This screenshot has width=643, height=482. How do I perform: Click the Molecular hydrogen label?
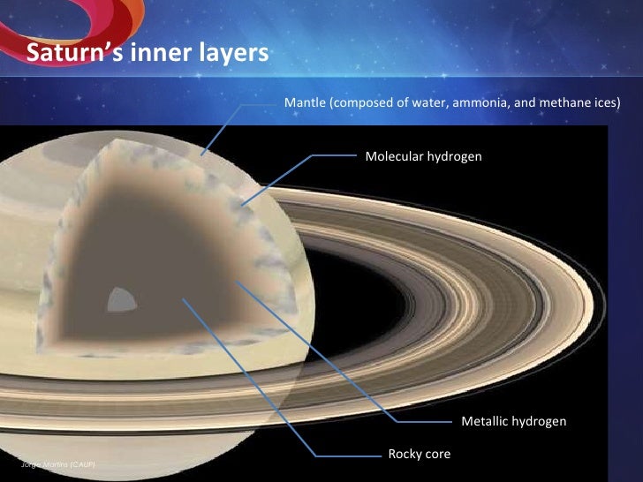pos(423,156)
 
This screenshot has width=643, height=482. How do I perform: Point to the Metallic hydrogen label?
pos(513,422)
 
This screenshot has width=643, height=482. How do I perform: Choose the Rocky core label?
pos(420,455)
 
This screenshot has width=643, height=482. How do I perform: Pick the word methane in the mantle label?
pos(565,103)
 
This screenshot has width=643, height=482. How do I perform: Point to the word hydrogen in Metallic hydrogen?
pos(540,422)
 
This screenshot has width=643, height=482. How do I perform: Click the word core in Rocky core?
pos(436,455)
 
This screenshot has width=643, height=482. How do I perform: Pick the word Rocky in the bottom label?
pos(404,455)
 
